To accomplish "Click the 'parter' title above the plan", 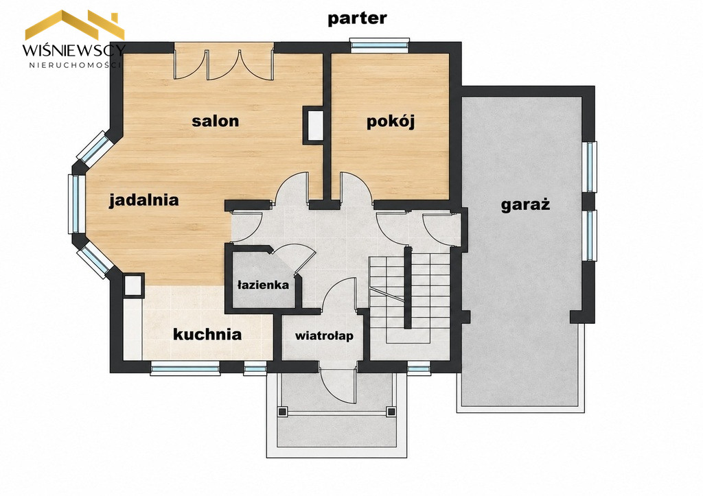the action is point(357,19).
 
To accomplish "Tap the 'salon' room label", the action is point(215,121).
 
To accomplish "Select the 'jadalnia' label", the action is point(144,200).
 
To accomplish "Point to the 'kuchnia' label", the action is point(207,334).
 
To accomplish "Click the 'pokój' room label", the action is point(390,121).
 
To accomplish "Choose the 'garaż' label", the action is point(525,205).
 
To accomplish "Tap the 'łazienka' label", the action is point(263,285).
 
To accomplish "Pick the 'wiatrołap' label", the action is point(324,335).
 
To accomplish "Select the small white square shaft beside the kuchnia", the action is point(132,285).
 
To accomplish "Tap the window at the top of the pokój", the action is point(380,45).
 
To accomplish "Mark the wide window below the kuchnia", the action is point(185,369).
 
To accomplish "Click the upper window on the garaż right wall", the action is point(590,167).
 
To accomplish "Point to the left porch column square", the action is point(282,412).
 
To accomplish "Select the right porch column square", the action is point(391,412).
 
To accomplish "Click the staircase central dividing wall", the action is point(408,287).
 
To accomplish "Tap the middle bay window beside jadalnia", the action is point(74,204).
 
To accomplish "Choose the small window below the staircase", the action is point(419,369).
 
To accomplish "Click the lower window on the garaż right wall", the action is point(590,235).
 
